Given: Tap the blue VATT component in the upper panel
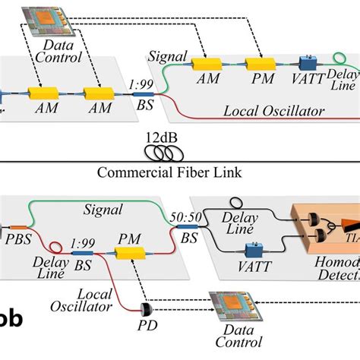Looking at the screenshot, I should [308, 63].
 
